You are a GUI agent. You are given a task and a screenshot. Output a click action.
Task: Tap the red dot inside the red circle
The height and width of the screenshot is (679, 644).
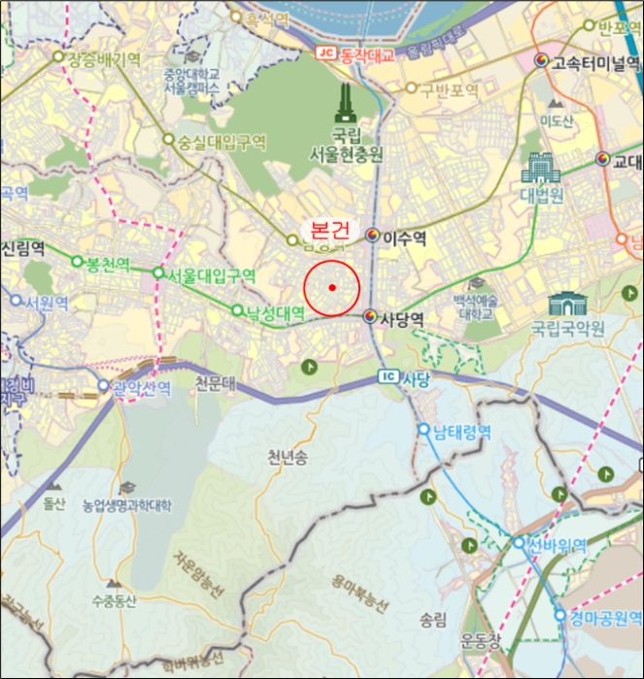tap(332, 287)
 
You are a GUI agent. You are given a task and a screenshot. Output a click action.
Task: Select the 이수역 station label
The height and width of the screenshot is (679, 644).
tap(405, 237)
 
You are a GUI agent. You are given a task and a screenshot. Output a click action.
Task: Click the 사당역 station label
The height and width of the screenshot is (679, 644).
tap(401, 318)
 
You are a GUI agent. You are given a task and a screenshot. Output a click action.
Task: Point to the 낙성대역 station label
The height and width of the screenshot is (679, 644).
tap(275, 312)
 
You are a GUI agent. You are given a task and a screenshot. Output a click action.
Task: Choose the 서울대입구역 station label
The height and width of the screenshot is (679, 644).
tap(211, 275)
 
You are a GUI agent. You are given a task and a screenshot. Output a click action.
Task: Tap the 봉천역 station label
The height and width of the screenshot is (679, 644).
tap(108, 263)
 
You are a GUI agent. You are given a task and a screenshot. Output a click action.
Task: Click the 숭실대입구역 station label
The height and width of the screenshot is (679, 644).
tap(220, 142)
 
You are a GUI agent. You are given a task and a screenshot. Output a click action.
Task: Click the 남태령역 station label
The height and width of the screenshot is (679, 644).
tap(461, 432)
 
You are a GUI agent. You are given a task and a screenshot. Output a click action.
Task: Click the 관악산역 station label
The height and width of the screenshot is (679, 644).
tap(141, 388)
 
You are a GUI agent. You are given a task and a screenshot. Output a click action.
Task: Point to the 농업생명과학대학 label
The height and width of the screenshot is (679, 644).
tap(126, 505)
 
